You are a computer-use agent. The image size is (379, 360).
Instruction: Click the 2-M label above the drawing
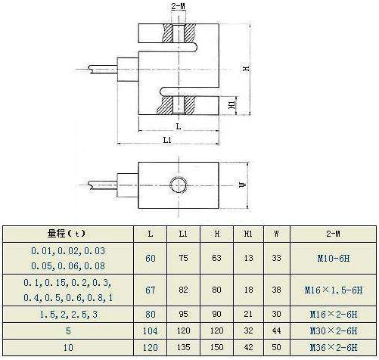179,6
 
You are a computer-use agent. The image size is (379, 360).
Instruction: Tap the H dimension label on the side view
247,68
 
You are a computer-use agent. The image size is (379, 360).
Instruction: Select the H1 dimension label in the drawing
231,104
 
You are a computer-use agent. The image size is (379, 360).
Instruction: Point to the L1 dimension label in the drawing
167,140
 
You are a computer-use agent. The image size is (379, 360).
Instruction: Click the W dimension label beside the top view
243,185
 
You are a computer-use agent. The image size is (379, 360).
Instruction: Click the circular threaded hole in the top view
179,185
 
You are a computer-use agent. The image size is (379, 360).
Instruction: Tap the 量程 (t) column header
67,234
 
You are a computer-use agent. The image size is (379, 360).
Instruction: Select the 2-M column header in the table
333,234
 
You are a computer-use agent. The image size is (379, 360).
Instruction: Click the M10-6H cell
334,258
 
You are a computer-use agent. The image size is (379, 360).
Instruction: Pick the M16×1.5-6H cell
334,290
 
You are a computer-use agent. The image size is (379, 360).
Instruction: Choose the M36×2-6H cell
334,348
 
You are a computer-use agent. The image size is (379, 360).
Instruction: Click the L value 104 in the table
150,331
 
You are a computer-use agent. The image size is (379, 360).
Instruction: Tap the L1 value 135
183,347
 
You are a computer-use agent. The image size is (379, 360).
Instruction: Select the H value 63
216,258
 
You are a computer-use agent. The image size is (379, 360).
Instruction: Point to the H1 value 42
248,347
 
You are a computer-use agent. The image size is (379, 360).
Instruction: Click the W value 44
277,331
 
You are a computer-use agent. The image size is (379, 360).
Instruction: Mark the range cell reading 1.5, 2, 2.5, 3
69,315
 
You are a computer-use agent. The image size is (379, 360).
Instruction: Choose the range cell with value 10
68,348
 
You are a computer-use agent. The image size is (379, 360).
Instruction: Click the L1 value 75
183,258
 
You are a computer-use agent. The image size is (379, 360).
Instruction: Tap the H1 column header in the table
248,234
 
